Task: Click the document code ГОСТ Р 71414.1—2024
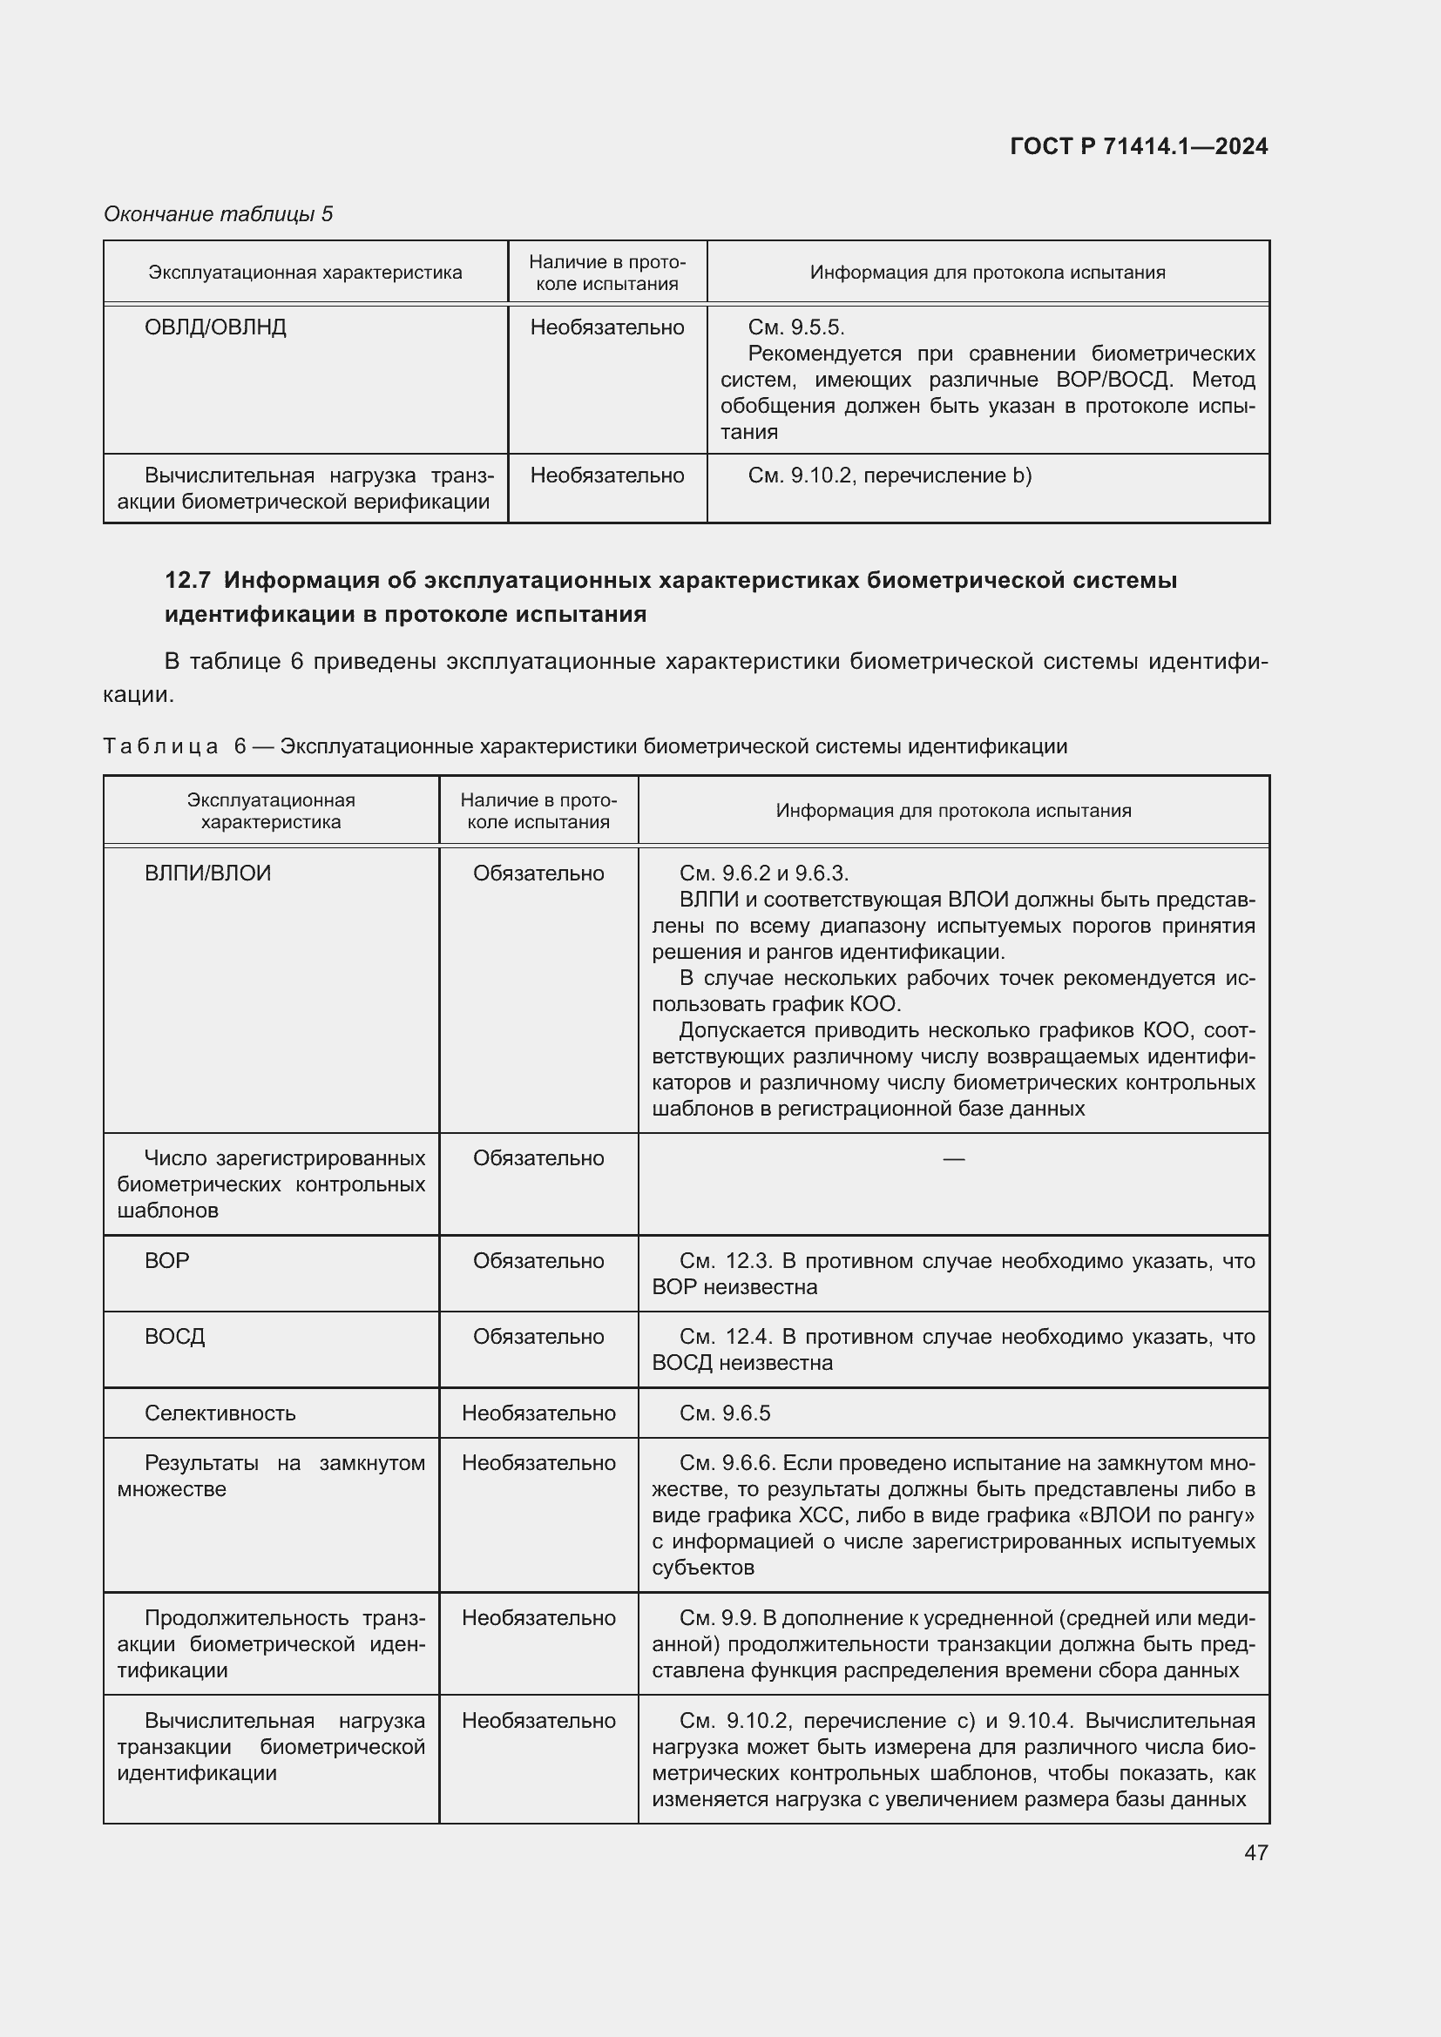[1139, 146]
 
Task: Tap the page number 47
[1255, 1852]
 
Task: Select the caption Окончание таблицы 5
[218, 214]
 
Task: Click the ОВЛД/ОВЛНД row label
[214, 327]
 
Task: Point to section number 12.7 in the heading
[187, 580]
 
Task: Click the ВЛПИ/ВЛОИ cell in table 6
[207, 873]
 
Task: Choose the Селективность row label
[220, 1413]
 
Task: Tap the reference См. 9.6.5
[724, 1413]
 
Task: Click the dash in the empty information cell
[953, 1157]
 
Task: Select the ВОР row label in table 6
[166, 1261]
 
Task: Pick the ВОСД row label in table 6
[174, 1336]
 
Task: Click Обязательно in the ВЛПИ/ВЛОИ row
[538, 873]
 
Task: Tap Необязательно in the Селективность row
[538, 1413]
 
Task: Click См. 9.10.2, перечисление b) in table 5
[890, 476]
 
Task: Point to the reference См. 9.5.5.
[795, 327]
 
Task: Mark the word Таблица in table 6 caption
[160, 746]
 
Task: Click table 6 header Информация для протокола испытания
[953, 810]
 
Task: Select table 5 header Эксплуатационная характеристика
[304, 273]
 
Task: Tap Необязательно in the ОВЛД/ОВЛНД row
[607, 327]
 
